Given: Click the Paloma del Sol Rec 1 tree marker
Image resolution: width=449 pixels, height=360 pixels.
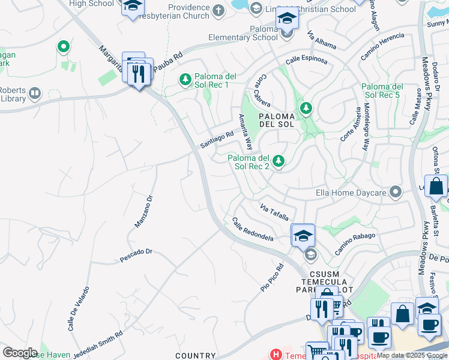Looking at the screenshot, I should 185,79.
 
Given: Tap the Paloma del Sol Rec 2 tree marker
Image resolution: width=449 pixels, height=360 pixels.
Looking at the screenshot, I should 278,161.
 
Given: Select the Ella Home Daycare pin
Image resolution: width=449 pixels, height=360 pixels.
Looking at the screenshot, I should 395,193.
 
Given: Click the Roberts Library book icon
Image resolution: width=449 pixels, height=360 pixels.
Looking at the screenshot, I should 35,93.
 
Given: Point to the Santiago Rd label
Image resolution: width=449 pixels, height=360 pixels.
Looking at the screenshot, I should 217,140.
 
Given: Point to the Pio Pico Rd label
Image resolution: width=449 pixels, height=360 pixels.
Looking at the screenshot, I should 272,278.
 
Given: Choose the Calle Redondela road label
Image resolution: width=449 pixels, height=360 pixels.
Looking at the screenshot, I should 253,229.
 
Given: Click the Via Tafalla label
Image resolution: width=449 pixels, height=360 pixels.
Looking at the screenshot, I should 274,212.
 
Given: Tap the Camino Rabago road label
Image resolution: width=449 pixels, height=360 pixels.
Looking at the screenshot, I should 355,244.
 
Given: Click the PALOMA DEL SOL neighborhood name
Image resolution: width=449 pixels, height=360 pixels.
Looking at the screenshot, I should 277,120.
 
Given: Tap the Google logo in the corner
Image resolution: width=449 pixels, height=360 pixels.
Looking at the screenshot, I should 20,353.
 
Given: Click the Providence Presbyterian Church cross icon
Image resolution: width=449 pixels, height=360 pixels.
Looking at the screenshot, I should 217,10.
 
